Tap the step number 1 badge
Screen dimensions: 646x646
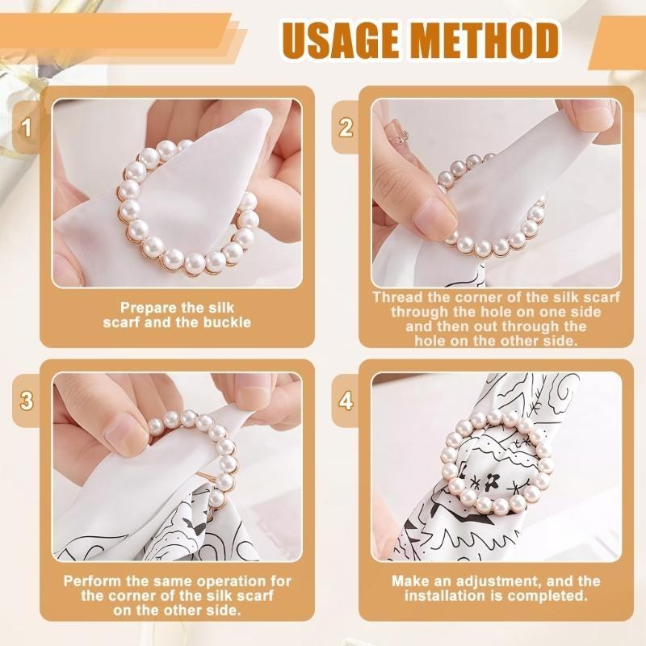[x=27, y=128]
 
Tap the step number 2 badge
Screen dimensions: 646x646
[x=346, y=128]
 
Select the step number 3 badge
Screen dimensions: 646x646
[x=27, y=400]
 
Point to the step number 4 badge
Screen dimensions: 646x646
[x=346, y=400]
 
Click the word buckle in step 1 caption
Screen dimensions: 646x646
[x=227, y=322]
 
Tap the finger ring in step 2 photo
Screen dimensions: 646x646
[x=399, y=137]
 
